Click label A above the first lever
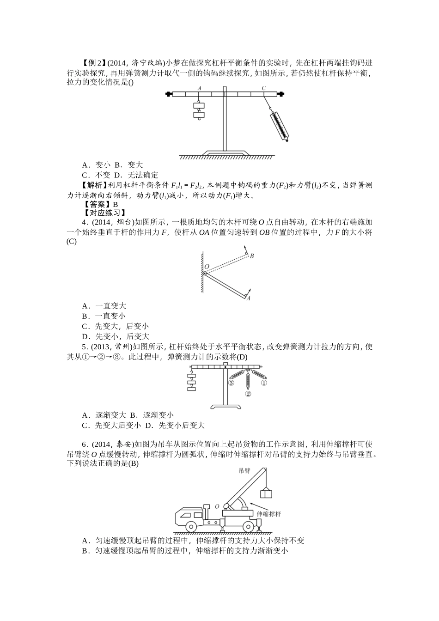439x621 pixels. pyautogui.click(x=199, y=88)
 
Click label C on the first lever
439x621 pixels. pyautogui.click(x=263, y=88)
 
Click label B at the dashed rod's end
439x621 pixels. pyautogui.click(x=252, y=256)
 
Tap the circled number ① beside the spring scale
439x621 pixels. pyautogui.click(x=264, y=383)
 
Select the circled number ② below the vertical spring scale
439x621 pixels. pyautogui.click(x=248, y=394)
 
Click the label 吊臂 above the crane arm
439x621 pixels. pyautogui.click(x=244, y=471)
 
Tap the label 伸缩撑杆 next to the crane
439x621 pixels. pyautogui.click(x=269, y=514)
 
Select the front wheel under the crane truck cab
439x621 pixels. pyautogui.click(x=191, y=527)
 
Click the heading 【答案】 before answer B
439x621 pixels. pyautogui.click(x=97, y=204)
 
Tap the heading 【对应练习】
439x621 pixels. pyautogui.click(x=104, y=213)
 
